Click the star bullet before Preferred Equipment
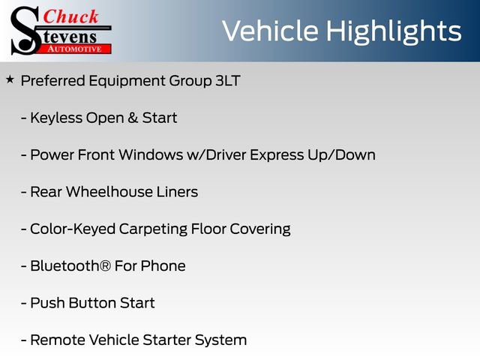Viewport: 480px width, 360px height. (10, 79)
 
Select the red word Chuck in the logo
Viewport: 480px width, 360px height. (70, 16)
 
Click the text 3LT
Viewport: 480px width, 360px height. (226, 81)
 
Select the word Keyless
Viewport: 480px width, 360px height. (56, 118)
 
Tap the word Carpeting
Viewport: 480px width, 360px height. (146, 229)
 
